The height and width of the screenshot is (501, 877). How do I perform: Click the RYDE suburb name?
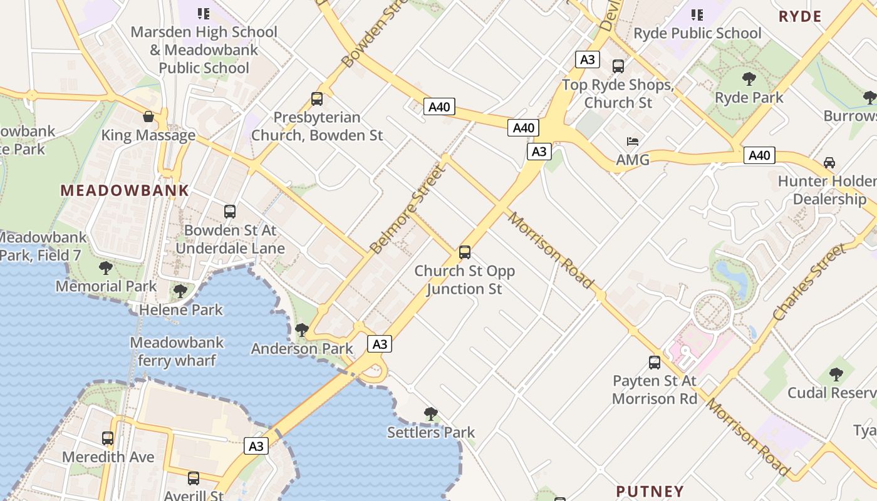coord(800,16)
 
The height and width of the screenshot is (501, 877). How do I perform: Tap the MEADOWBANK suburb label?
coord(124,190)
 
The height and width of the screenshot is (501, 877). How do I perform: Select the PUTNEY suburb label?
coord(650,491)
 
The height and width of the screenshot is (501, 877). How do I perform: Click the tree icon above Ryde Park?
coord(749,79)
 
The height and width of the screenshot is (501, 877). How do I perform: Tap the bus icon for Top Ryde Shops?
coord(618,66)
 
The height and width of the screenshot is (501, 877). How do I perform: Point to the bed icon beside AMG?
coord(633,142)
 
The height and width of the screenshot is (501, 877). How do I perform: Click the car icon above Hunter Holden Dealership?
coord(829,163)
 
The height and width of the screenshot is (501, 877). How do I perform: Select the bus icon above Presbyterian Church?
coord(317,99)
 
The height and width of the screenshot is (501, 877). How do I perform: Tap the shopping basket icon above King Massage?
coord(148,116)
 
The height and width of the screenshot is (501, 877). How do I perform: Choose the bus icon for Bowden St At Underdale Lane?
coord(230,212)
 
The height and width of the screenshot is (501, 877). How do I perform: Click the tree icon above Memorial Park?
coord(106,268)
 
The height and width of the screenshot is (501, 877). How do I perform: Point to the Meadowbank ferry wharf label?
coord(177,351)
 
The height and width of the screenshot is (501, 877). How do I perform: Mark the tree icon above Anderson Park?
coord(302,329)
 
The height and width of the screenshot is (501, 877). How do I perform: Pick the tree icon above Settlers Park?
coord(430,413)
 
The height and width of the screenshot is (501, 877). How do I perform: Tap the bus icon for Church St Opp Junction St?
coord(465,252)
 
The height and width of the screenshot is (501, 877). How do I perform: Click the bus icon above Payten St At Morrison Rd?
coord(655,363)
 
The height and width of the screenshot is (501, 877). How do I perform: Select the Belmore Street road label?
coord(407,210)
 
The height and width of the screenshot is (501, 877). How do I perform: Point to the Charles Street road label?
coord(809,283)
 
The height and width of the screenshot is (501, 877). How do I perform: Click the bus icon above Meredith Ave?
coord(108,438)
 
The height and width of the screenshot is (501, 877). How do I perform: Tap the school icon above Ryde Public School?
coord(697,14)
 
